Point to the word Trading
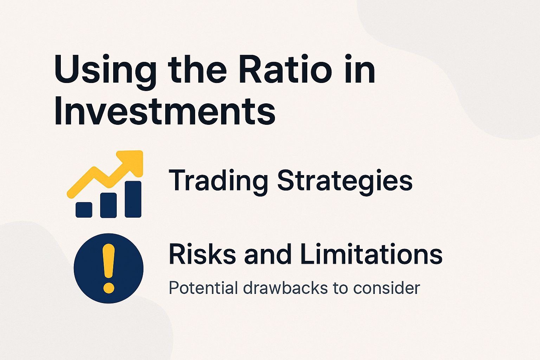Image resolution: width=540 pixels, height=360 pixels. pyautogui.click(x=218, y=181)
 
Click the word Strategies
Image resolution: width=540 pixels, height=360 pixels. pyautogui.click(x=345, y=181)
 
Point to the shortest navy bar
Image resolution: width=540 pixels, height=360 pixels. pyautogui.click(x=84, y=210)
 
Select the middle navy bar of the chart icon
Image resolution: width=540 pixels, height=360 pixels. pyautogui.click(x=108, y=205)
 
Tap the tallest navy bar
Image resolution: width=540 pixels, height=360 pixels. pyautogui.click(x=133, y=199)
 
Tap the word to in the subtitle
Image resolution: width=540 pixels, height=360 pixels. pyautogui.click(x=340, y=288)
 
